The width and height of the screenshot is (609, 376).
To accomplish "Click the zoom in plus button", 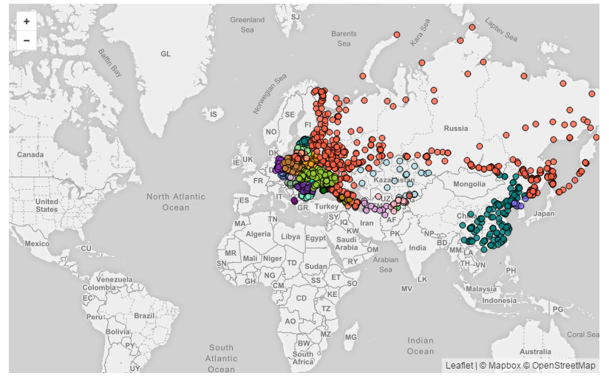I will [27, 21].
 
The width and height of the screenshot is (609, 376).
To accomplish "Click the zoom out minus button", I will [27, 41].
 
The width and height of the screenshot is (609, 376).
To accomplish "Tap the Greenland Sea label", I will [247, 24].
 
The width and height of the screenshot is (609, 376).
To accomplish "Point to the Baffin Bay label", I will [109, 63].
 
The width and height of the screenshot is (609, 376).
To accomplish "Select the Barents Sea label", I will [344, 38].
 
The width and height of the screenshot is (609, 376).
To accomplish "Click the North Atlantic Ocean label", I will [175, 202].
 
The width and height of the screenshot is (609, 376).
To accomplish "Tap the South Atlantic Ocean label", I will [221, 358].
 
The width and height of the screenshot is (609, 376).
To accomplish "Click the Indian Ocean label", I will [421, 345].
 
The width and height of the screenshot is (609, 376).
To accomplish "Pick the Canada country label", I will [30, 154].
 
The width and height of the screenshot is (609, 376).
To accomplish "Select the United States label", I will [47, 205].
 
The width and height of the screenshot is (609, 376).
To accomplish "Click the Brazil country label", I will [144, 315].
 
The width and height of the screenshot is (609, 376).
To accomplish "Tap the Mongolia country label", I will [469, 183].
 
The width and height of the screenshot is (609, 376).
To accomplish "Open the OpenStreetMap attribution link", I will [563, 366].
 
